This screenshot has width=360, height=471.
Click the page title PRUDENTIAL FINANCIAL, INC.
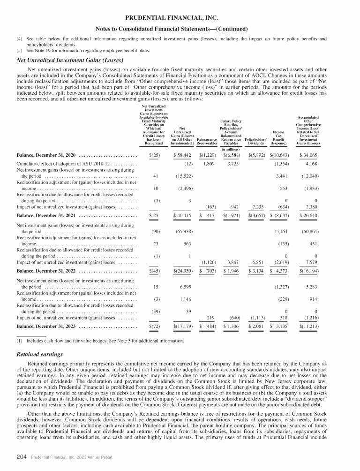tap(180, 18)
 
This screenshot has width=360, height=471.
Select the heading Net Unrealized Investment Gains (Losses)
tap(70, 60)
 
